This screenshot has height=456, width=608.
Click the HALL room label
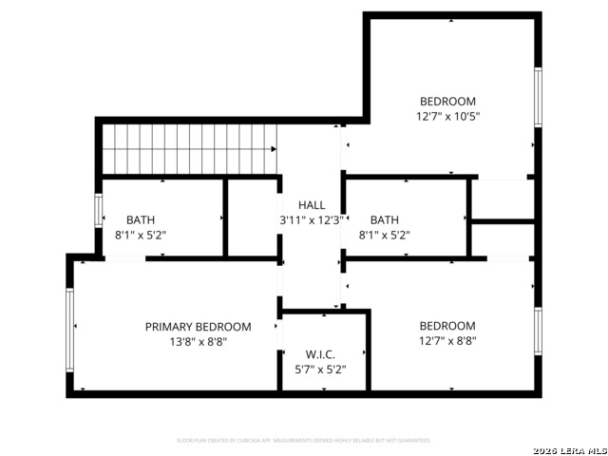coord(312,205)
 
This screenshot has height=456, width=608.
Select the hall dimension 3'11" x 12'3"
coord(311,220)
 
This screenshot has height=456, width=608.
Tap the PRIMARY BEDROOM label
coord(198,327)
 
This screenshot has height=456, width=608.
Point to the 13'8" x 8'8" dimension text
coord(198,341)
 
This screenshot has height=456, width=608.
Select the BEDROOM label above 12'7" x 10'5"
coord(447,102)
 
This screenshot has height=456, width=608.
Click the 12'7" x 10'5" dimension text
coord(447,117)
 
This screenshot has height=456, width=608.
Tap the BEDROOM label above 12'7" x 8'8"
coord(447,326)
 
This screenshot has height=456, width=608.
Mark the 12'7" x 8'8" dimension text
coord(447,341)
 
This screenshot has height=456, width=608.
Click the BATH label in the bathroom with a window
coord(141,219)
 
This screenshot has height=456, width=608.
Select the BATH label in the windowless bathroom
coord(385,219)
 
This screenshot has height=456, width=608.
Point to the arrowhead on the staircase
coord(275,149)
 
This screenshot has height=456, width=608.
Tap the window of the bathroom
coord(99,210)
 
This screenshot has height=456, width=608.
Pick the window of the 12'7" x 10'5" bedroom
coord(538,97)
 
